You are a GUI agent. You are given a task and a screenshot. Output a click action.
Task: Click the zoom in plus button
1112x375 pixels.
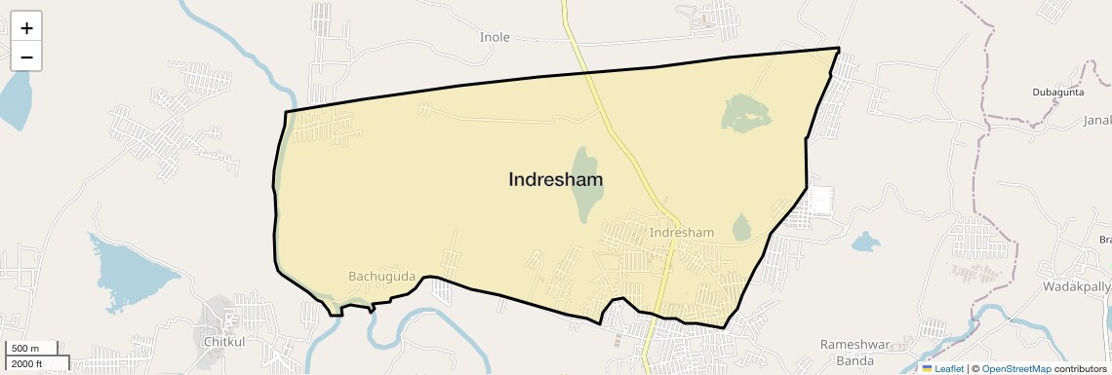[26, 27]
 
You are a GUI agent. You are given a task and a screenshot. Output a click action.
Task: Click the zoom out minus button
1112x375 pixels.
[26, 56]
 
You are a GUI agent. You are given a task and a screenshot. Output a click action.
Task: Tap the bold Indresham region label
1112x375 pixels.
[555, 180]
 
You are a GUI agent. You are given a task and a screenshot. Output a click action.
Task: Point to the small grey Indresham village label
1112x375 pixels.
[682, 233]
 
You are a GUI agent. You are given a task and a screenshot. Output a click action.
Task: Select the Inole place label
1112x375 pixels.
[495, 37]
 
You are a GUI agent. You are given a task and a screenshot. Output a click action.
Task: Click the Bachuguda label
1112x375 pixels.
[381, 277]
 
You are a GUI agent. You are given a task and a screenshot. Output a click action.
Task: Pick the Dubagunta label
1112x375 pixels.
[1058, 93]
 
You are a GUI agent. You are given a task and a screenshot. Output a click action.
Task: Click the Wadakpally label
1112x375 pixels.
[1077, 287]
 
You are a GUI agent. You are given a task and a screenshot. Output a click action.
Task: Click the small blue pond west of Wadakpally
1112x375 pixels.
[864, 242]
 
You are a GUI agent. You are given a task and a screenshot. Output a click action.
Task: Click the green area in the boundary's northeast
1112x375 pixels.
[746, 114]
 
